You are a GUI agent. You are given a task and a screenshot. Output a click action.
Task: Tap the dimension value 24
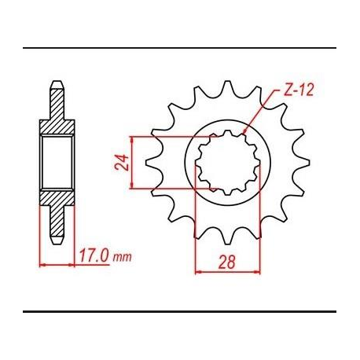click(121, 163)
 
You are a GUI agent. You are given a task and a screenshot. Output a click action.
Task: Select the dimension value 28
click(227, 262)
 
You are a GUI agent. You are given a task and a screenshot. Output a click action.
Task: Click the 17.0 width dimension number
click(94, 255)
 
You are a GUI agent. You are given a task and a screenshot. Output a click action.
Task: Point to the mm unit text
click(122, 258)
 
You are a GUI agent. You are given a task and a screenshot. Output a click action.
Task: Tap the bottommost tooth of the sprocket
click(227, 237)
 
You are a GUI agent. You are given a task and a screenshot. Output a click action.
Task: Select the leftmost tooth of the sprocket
click(152, 163)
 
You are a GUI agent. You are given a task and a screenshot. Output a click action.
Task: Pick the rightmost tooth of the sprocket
click(302, 163)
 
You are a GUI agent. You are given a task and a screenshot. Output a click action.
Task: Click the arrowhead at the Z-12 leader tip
click(245, 131)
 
